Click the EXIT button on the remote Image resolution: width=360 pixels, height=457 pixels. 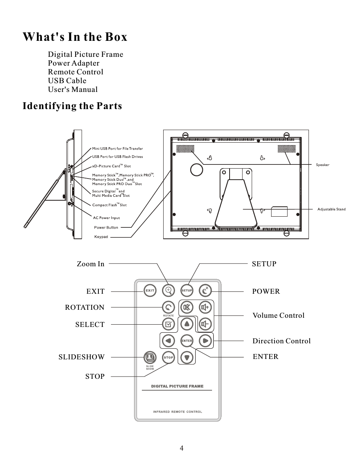coord(150,291)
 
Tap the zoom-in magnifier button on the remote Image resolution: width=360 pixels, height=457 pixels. coord(168,291)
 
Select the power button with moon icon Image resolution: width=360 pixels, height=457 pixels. coord(206,291)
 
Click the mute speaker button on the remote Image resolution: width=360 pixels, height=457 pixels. coord(186,307)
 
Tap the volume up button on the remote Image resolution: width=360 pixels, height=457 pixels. coord(206,307)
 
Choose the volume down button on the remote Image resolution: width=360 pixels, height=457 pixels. coord(206,324)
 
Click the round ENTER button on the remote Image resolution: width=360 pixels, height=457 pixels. coord(186,341)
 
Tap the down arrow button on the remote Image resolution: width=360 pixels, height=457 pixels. coord(186,358)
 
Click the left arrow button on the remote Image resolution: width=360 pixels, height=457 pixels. coord(168,341)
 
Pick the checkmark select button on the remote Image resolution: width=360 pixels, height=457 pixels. coord(168,324)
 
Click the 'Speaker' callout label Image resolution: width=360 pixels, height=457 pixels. coord(323,165)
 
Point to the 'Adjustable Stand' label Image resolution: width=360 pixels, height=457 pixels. coord(331,209)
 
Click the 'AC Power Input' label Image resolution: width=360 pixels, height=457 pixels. coord(106,218)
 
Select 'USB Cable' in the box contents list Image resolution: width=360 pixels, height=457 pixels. coord(67,80)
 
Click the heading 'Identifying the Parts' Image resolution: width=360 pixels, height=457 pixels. coord(72,106)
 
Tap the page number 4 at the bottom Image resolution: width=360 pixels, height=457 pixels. coord(182,448)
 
